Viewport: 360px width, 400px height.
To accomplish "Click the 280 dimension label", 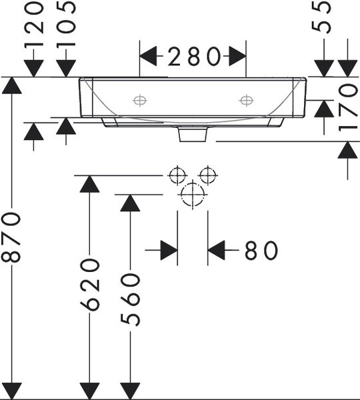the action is (x=193, y=56).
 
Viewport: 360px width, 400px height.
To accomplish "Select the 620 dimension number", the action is (x=89, y=285).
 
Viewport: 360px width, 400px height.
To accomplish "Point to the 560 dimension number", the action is (x=130, y=299).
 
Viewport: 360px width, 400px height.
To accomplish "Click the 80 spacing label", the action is (x=261, y=250).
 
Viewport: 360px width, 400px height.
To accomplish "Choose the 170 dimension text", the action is (x=348, y=108).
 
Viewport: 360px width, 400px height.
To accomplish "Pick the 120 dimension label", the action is (x=34, y=25).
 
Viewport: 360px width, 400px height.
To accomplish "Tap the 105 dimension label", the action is (x=66, y=25).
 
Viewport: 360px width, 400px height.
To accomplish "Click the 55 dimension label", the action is (x=321, y=17).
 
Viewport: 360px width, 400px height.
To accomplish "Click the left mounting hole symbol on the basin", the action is (x=140, y=100).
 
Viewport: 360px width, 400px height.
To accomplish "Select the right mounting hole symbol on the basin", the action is (x=246, y=100).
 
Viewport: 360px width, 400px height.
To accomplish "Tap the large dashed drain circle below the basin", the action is (x=193, y=195).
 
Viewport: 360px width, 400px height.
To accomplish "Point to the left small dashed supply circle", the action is (x=177, y=175).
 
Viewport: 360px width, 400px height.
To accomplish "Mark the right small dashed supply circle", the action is (x=208, y=175).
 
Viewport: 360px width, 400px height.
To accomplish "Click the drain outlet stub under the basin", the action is (x=193, y=134).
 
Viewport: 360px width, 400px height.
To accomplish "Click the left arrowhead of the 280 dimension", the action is (x=148, y=56).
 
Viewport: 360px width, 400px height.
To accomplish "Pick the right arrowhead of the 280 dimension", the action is (x=237, y=56).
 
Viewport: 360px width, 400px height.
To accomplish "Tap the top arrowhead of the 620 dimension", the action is (x=89, y=184).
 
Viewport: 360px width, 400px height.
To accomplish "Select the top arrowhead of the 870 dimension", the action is (x=11, y=85).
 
